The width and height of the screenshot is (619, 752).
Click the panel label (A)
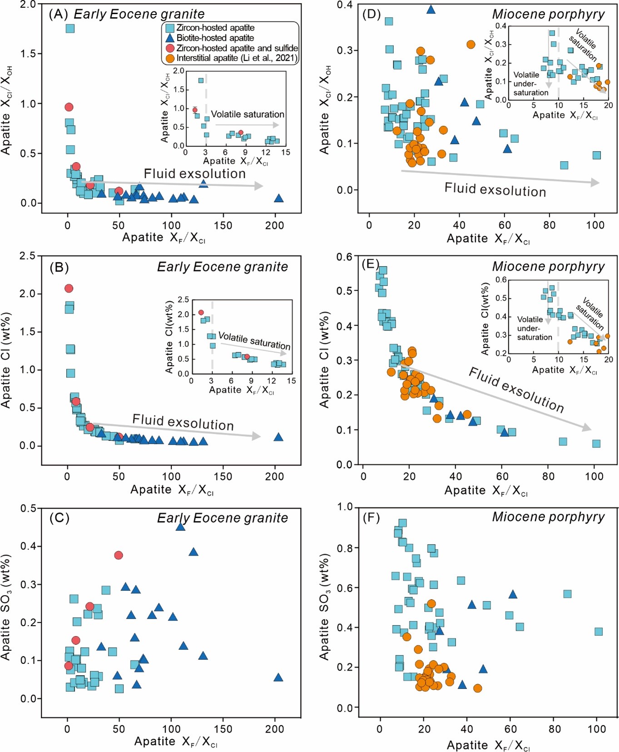(58, 14)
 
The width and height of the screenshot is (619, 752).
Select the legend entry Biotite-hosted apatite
(215, 38)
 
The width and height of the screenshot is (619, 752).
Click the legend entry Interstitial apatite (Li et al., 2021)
(237, 58)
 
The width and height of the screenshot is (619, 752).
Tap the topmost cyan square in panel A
(70, 28)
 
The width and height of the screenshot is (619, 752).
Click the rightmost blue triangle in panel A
(279, 198)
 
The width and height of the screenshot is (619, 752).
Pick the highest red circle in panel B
(69, 288)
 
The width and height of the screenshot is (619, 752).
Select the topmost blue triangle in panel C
(180, 527)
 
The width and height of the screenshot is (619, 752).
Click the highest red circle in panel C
(119, 555)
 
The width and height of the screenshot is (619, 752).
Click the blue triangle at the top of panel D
(431, 9)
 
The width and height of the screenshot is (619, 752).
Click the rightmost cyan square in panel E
(596, 444)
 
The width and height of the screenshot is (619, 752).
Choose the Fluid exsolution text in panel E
(516, 390)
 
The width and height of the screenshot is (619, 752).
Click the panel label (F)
(371, 517)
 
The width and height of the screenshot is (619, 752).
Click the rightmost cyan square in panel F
(599, 632)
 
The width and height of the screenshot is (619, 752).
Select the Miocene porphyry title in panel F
(548, 517)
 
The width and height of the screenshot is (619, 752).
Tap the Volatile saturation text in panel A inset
(248, 114)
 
